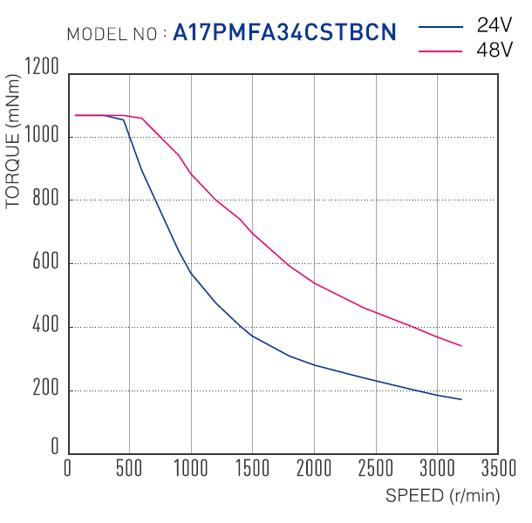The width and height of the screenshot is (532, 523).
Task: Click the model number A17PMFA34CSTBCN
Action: [x=284, y=32]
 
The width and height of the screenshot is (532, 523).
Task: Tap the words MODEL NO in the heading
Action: [x=112, y=34]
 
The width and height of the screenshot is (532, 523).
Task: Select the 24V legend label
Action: [x=494, y=25]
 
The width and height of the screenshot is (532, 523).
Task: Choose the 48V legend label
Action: [x=494, y=50]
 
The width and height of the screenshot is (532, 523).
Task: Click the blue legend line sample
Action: [x=440, y=27]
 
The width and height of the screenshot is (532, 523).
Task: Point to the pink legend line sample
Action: [x=440, y=51]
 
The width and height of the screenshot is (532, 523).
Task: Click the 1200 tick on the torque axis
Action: [x=42, y=65]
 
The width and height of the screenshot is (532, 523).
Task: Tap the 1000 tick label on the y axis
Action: [x=42, y=134]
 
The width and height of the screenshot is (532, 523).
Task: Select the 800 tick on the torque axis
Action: [x=45, y=197]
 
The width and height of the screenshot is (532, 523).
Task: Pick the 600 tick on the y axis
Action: [x=45, y=261]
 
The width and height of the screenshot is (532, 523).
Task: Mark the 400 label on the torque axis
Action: [x=45, y=324]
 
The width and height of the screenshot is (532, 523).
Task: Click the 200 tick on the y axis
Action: [x=45, y=388]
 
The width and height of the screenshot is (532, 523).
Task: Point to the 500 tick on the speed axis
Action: [x=129, y=468]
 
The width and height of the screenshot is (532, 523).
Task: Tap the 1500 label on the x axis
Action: [x=252, y=468]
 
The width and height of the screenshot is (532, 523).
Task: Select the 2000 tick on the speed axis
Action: [x=314, y=468]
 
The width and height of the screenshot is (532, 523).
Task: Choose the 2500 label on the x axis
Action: [x=376, y=468]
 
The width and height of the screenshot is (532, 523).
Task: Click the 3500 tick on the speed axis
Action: [x=499, y=468]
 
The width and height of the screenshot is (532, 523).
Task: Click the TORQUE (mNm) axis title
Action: [x=13, y=141]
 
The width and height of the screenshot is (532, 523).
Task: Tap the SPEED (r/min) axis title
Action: [x=443, y=496]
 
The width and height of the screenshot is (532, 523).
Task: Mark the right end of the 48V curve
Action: [x=461, y=346]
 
